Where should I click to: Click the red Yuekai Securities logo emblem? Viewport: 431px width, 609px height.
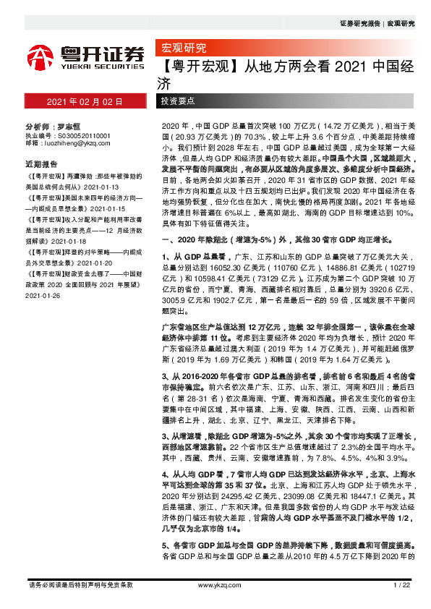point(42,56)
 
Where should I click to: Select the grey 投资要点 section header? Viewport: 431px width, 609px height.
point(178,101)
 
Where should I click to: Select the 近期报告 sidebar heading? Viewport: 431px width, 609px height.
point(41,163)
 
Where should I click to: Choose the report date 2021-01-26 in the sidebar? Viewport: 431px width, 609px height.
point(44,295)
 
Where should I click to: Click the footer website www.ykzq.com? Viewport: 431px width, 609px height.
point(215,584)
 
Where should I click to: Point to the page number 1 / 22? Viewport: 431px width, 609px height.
point(401,584)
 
